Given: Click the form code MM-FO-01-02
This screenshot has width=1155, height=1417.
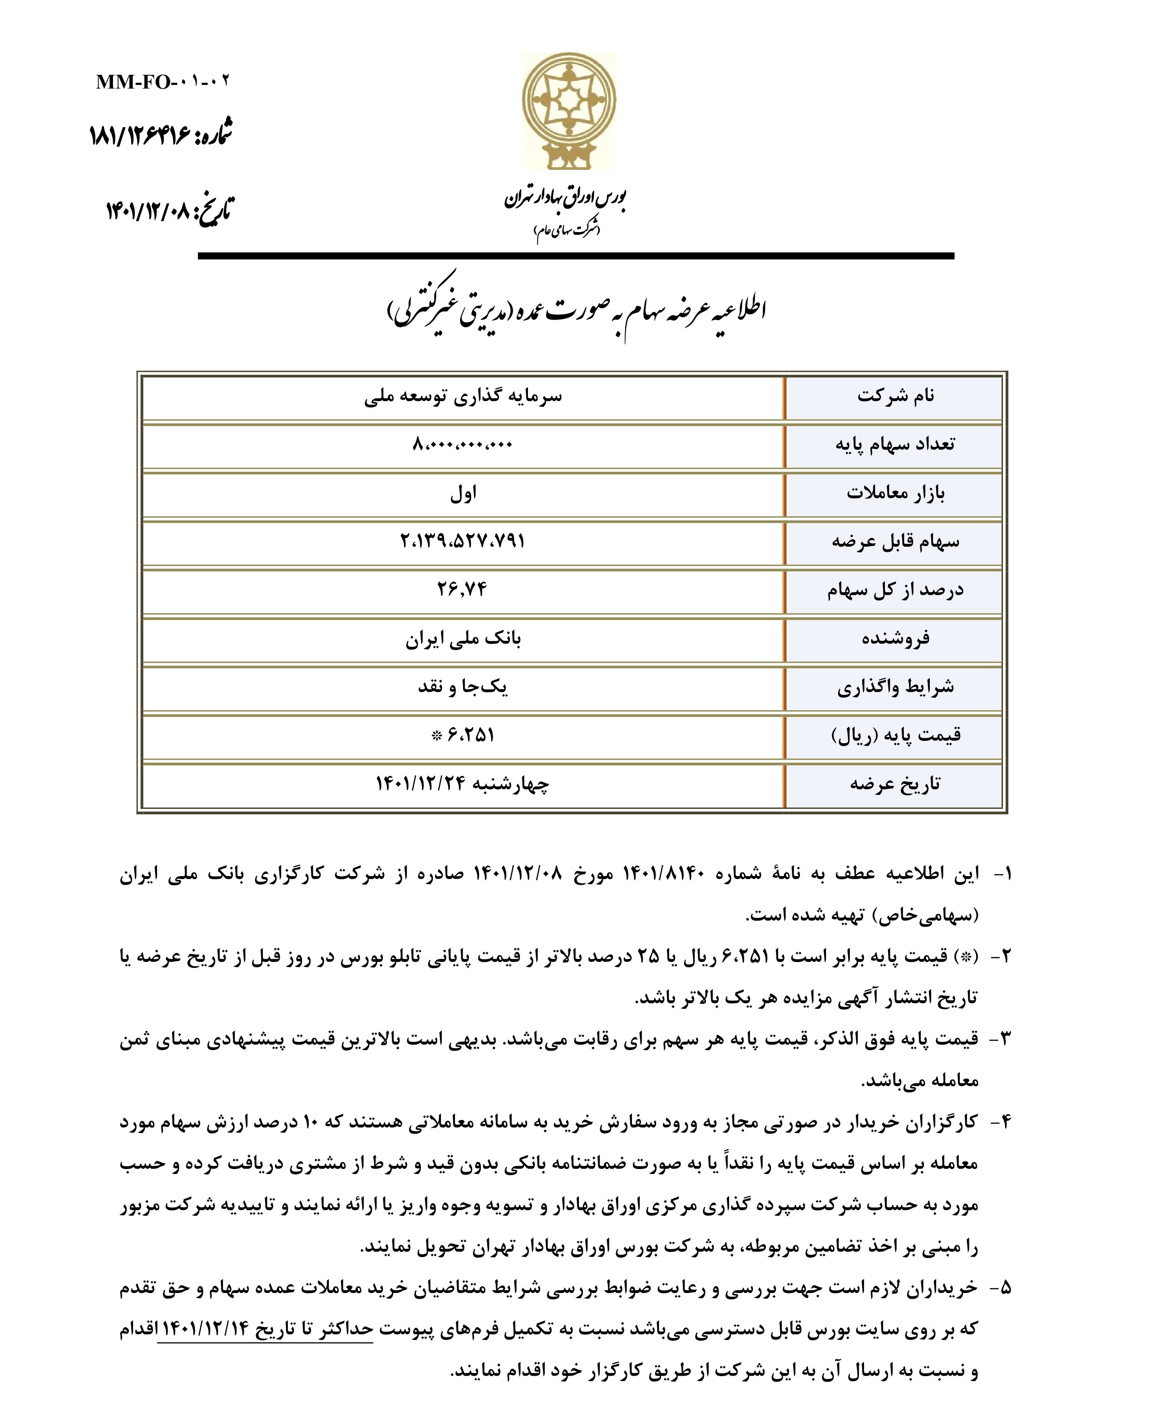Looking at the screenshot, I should click(163, 82).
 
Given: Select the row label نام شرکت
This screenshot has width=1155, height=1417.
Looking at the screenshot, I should click(895, 396).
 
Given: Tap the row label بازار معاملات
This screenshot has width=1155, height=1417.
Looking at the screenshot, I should click(895, 494).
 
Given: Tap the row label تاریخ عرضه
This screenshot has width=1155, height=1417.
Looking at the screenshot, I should click(895, 784).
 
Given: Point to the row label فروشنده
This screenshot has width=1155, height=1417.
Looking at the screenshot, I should click(895, 639).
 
